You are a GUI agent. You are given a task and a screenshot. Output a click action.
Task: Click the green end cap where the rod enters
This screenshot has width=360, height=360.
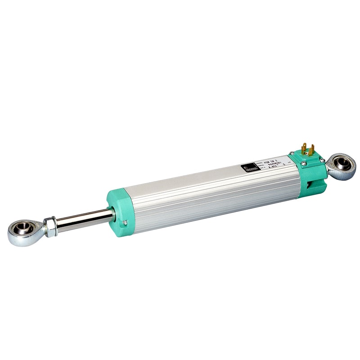(x=119, y=211)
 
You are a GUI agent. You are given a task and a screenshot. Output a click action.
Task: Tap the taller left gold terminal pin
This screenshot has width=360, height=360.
(x=304, y=148)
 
